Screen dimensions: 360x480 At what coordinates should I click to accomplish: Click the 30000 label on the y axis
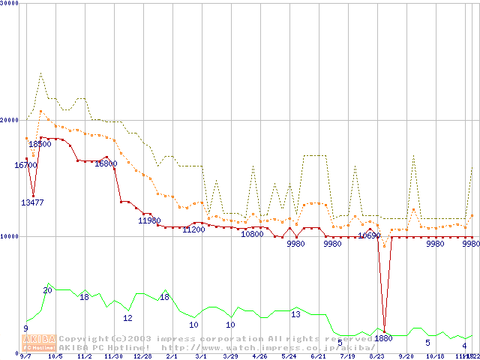click(x=9, y=4)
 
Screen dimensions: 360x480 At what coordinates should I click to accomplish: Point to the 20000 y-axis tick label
click(x=9, y=120)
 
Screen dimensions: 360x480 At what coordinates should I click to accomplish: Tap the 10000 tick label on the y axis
click(x=9, y=236)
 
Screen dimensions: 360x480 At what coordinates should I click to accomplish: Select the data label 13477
click(x=32, y=202)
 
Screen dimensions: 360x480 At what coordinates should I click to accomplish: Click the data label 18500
click(x=40, y=144)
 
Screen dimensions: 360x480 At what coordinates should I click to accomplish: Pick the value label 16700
click(x=25, y=165)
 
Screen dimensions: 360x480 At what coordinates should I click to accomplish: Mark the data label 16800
click(x=106, y=163)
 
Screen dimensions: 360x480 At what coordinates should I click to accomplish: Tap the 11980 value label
click(x=149, y=220)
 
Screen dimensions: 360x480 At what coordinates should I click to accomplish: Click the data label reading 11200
click(x=193, y=229)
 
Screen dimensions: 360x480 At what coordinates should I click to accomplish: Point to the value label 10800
click(x=252, y=234)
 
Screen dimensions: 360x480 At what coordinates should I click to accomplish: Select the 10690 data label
click(x=369, y=235)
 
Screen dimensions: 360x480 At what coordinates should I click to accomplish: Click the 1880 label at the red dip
click(x=383, y=338)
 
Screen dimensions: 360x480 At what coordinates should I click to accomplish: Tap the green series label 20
click(x=47, y=290)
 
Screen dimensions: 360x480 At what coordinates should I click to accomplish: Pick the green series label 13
click(x=295, y=314)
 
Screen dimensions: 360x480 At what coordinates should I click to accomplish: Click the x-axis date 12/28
click(x=142, y=357)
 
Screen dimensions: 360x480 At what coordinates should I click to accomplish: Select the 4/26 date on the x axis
click(x=259, y=357)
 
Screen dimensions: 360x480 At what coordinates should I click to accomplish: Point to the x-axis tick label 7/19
click(x=347, y=357)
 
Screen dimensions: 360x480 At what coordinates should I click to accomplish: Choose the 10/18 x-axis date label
click(x=435, y=357)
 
